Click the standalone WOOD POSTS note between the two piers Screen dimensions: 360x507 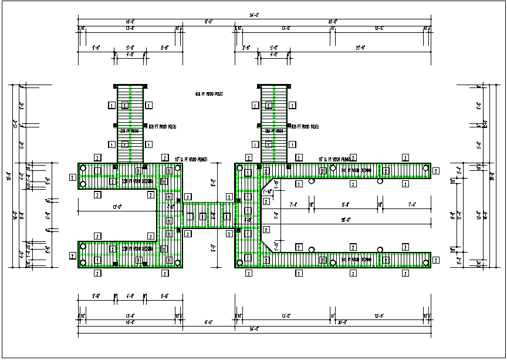[208, 94]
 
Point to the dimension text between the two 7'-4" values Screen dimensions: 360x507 [346, 204]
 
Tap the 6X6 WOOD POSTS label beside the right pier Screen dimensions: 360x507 [306, 126]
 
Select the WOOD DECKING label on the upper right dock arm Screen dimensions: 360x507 [356, 170]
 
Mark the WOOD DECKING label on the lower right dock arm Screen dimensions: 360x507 [356, 259]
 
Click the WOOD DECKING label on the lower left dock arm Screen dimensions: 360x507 [138, 248]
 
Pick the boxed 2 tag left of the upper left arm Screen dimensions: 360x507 [72, 177]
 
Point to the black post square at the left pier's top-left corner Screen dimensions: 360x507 [116, 87]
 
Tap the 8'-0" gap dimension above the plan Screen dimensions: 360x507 [208, 22]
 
